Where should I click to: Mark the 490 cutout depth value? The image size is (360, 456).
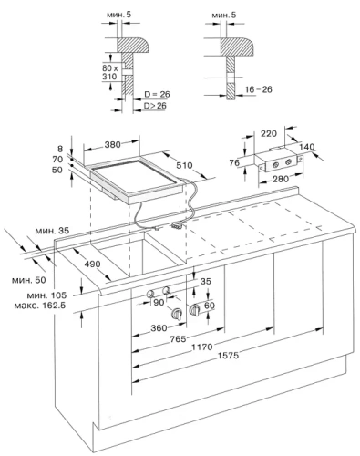point(67,264)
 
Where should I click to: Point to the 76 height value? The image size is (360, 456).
point(232,162)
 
